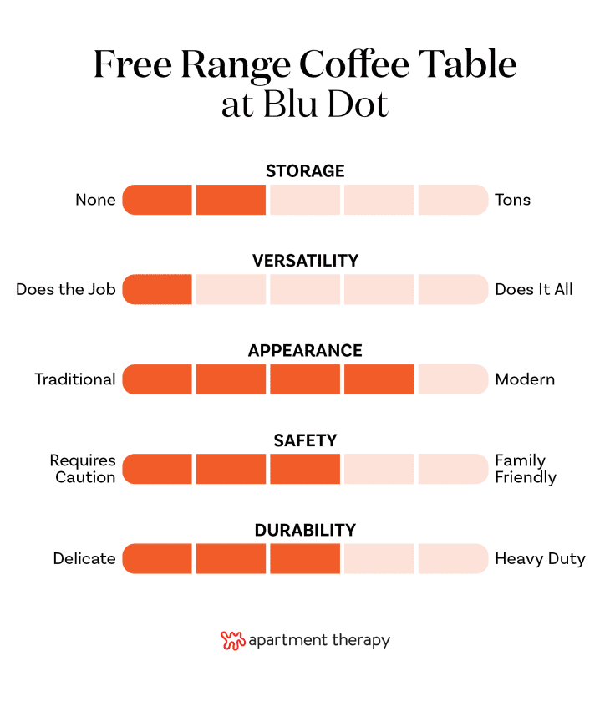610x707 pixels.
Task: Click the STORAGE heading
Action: coord(305,171)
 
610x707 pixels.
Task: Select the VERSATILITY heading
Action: coord(305,261)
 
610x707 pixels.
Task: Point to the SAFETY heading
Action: coord(305,440)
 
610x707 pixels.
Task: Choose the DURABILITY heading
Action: coord(305,530)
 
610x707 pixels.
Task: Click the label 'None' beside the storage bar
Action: coord(95,200)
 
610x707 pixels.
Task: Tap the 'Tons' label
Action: coord(512,200)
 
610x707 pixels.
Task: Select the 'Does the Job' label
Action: coord(66,290)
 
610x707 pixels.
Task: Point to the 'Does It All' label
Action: coord(534,290)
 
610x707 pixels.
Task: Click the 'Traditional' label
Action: coord(75,379)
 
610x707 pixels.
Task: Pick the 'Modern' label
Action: coord(525,379)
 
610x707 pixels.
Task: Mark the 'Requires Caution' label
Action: coord(83,469)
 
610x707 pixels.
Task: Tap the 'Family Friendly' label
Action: coord(526,469)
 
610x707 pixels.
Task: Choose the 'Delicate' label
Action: coord(84,558)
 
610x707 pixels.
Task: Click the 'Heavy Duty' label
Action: coord(540,558)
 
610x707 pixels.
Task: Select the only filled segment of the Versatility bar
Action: coord(158,290)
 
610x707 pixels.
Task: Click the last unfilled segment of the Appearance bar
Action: coord(452,379)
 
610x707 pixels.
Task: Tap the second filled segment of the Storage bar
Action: coord(231,200)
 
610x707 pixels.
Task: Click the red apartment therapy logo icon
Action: coord(232,641)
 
